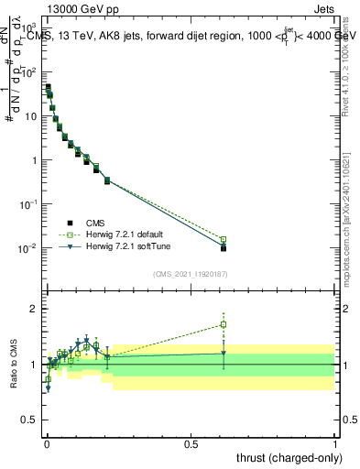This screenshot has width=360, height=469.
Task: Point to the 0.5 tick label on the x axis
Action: [191, 444]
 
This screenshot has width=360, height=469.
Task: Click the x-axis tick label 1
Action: [335, 444]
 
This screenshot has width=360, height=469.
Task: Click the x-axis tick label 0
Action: [47, 444]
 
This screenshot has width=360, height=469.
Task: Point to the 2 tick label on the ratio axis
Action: [35, 309]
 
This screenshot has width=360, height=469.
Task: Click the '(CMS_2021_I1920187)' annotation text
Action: [190, 272]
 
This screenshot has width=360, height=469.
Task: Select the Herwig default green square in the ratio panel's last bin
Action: [224, 324]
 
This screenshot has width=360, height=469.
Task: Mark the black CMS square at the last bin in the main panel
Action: [224, 247]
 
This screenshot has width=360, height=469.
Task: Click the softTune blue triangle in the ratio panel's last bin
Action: [224, 354]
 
